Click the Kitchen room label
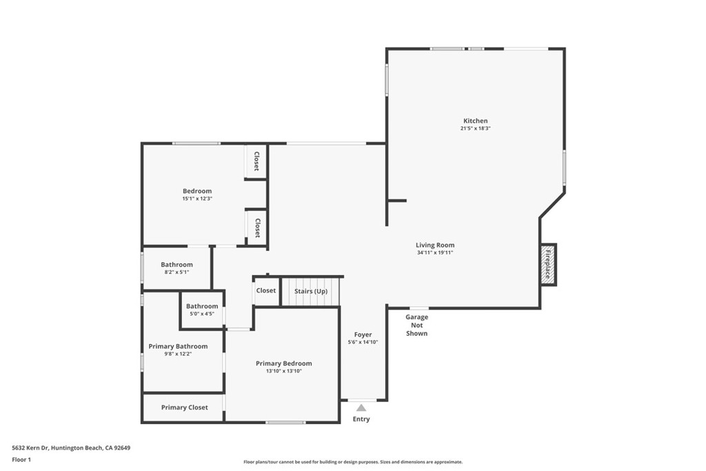click(x=475, y=121)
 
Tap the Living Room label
click(x=435, y=245)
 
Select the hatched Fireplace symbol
click(x=548, y=264)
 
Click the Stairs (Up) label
click(x=311, y=291)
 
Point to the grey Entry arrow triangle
click(x=361, y=408)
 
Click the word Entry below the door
click(x=361, y=419)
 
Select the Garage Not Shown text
click(x=416, y=325)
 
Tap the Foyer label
click(x=363, y=334)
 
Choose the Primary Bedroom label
click(x=283, y=363)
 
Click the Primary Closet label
click(x=184, y=408)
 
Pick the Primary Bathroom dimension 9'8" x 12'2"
click(x=178, y=354)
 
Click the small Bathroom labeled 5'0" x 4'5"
click(x=202, y=306)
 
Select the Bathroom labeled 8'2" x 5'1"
click(x=176, y=264)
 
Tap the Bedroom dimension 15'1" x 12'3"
click(x=197, y=199)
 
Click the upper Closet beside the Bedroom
click(x=256, y=162)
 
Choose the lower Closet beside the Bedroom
click(x=256, y=228)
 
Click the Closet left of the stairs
click(x=266, y=291)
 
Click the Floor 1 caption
click(x=21, y=459)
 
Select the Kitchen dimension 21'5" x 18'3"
click(x=475, y=128)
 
